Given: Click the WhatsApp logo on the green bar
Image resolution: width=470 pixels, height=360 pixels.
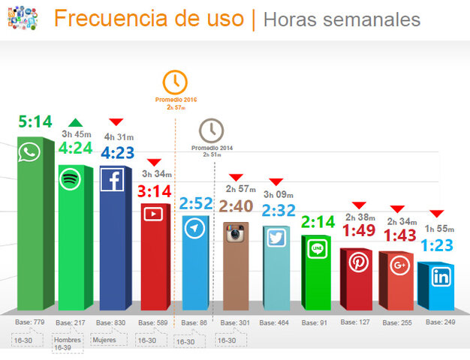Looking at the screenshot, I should click(x=29, y=153).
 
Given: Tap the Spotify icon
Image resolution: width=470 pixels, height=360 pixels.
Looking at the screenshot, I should click(x=71, y=179).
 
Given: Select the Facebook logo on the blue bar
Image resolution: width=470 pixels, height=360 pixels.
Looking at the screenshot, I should click(x=112, y=180).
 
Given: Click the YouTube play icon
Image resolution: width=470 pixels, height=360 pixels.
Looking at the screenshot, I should click(x=153, y=214).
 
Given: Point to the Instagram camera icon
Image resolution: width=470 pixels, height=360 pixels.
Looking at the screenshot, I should click(x=237, y=233).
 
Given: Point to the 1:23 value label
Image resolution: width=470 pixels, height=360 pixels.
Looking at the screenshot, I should click(x=436, y=245).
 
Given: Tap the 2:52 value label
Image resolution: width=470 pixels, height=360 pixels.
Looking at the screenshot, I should click(x=195, y=204).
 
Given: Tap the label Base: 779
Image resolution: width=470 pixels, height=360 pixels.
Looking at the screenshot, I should click(x=31, y=322).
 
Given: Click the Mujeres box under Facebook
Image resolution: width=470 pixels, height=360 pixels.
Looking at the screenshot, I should click(x=104, y=340).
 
